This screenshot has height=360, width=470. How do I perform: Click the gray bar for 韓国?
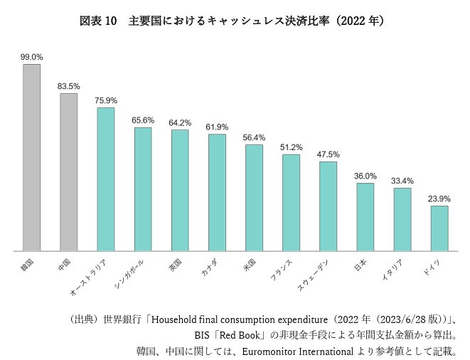click(31, 157)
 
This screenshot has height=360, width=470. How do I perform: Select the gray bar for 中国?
click(68, 172)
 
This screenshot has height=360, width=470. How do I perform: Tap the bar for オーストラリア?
click(106, 179)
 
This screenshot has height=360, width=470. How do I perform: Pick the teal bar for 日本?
click(365, 217)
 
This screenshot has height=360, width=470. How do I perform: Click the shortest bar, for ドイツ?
click(439, 228)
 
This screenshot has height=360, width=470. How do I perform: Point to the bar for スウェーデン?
click(328, 206)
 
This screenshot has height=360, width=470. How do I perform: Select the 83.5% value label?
click(68, 86)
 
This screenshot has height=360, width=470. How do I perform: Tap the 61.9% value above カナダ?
click(217, 127)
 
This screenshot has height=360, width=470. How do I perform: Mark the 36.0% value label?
click(365, 176)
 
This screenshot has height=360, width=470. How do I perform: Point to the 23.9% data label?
click(439, 198)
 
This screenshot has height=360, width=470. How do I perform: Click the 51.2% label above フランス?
click(291, 147)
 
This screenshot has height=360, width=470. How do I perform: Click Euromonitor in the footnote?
click(268, 351)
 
